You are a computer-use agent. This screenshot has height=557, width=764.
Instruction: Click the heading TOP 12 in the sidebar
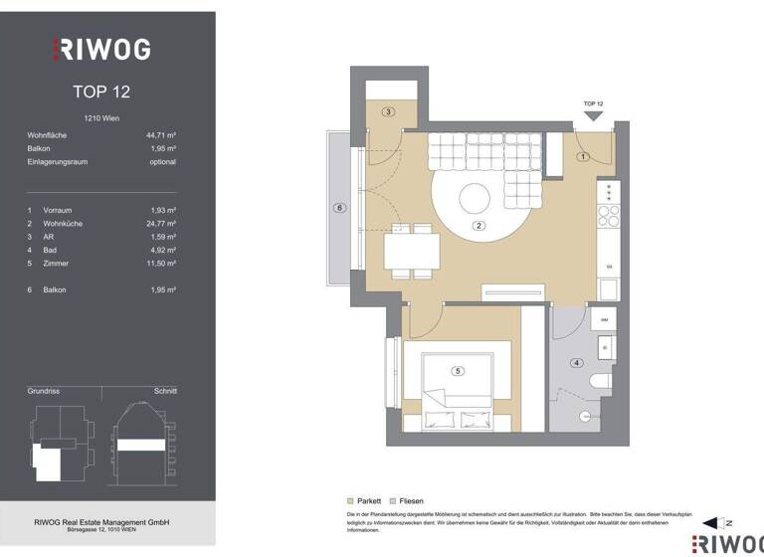pos(101,92)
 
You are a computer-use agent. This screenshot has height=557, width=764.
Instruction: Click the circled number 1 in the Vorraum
pos(584,156)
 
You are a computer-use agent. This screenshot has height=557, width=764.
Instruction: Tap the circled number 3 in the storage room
pos(389,111)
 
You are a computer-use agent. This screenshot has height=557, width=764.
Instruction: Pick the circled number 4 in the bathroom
pos(575,362)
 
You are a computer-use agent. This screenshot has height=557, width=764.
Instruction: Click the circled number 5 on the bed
pos(458,371)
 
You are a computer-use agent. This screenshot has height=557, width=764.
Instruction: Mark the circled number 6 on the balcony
pos(339,208)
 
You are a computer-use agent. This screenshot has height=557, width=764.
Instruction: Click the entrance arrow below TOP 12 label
pos(593,116)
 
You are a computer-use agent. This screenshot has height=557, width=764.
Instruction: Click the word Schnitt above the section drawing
pos(165,391)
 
